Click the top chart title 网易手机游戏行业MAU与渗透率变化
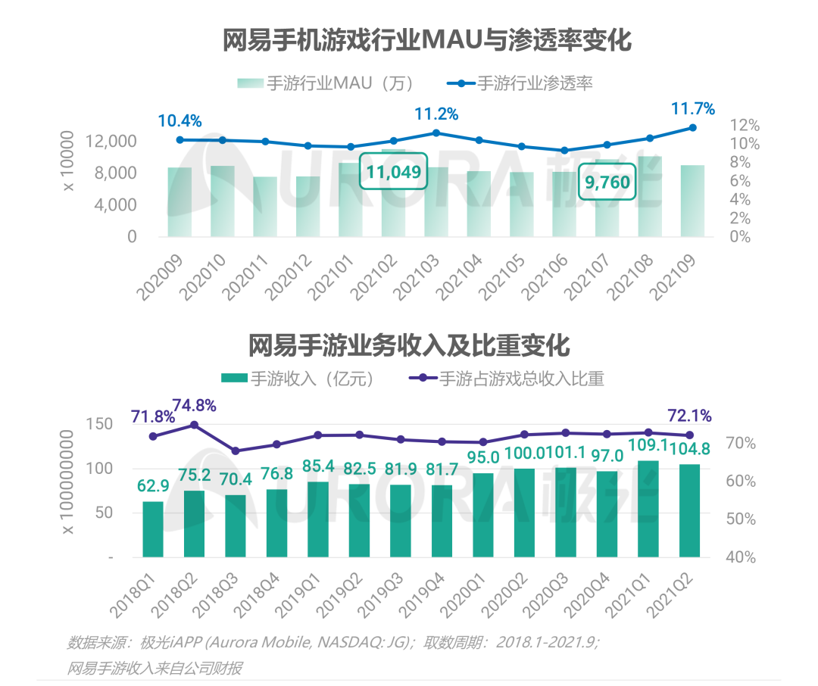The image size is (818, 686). click(426, 40)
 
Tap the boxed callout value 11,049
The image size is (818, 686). click(393, 173)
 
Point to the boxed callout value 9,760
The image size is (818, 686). click(607, 182)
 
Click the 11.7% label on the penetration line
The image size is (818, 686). click(692, 109)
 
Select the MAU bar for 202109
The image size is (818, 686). click(692, 201)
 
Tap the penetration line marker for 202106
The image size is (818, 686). click(564, 151)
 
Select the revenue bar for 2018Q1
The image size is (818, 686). click(153, 529)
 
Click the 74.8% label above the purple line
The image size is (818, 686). click(194, 405)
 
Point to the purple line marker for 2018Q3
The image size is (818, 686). click(235, 451)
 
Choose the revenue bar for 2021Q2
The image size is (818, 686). click(689, 511)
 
